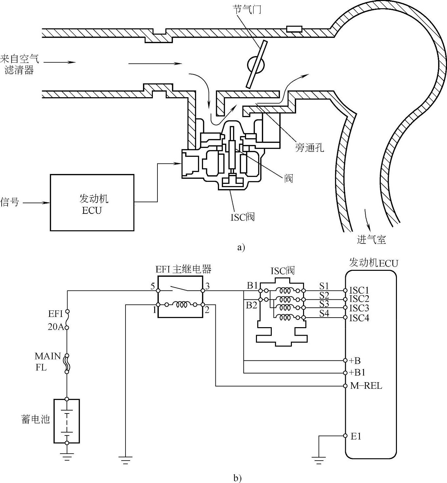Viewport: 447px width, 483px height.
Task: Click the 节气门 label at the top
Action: (247, 10)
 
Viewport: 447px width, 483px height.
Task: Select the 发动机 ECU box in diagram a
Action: (92, 203)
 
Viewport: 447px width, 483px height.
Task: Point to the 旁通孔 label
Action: (309, 147)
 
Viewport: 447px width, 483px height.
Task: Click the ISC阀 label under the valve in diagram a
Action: (242, 217)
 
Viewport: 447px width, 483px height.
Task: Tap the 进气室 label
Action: (371, 240)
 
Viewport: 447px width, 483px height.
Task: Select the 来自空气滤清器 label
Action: (19, 64)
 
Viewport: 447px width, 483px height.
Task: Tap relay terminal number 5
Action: (153, 286)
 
